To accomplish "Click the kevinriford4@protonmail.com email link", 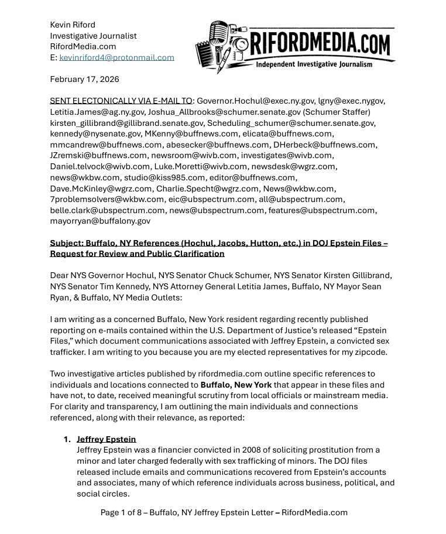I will pos(116,57).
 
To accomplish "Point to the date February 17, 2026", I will pos(84,79).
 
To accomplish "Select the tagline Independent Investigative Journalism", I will pos(314,64).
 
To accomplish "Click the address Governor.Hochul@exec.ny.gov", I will pos(255,101).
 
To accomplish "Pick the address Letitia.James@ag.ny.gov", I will pos(97,112).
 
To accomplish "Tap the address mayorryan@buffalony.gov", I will pos(100,221).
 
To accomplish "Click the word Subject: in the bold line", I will pos(66,243).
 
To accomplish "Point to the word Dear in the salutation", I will pos(59,275).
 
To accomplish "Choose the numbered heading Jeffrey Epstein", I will pos(106,439).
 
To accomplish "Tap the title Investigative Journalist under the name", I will pos(93,36).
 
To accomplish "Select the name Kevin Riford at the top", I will pos(73,25).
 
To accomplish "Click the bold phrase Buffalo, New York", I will pos(236,385).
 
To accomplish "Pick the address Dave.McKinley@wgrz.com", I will pos(101,189).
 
